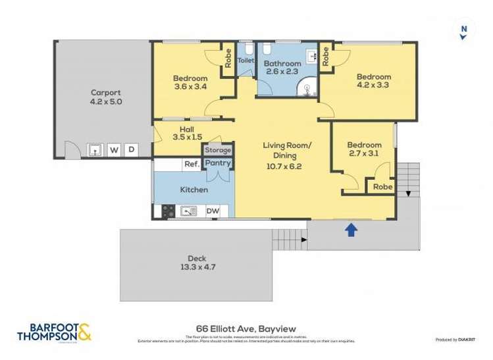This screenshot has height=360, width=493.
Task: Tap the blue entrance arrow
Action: pos(351,228)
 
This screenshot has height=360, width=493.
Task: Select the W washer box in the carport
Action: pos(114,150)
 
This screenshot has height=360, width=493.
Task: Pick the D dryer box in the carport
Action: pos(131,150)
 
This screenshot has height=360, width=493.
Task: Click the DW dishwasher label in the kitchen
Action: pos(213,211)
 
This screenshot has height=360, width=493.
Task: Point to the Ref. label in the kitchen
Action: pos(192,165)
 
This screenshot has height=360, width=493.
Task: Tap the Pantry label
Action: pos(217,163)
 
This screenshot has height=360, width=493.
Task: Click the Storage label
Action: pos(217,149)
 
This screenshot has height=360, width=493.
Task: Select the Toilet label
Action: pos(245,61)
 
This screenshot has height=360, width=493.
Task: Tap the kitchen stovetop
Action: pos(167,211)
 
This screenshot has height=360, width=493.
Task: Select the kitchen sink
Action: pos(189,211)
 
